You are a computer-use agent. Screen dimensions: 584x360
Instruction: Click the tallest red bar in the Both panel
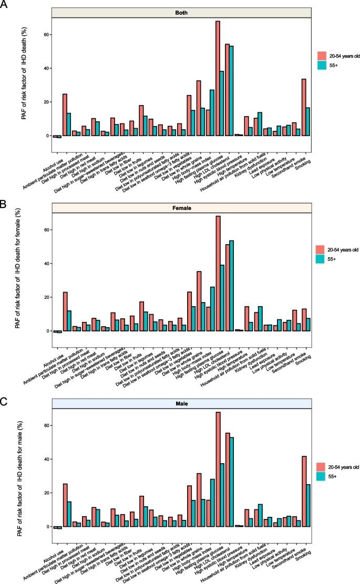218,78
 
